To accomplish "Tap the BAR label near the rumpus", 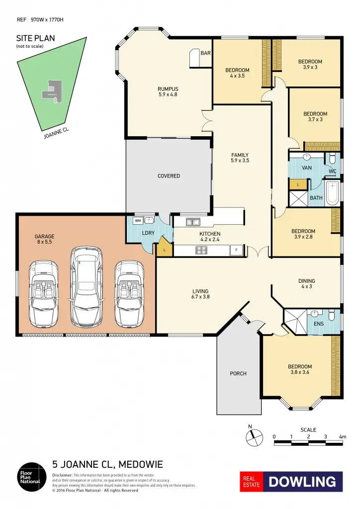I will click(205, 53).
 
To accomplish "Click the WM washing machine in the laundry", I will click(138, 220).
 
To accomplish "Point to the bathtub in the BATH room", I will click(333, 193).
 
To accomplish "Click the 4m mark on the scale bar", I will click(342, 437).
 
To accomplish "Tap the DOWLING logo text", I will click(303, 482).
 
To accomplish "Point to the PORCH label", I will click(238, 373).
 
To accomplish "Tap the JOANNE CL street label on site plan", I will click(56, 131).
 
